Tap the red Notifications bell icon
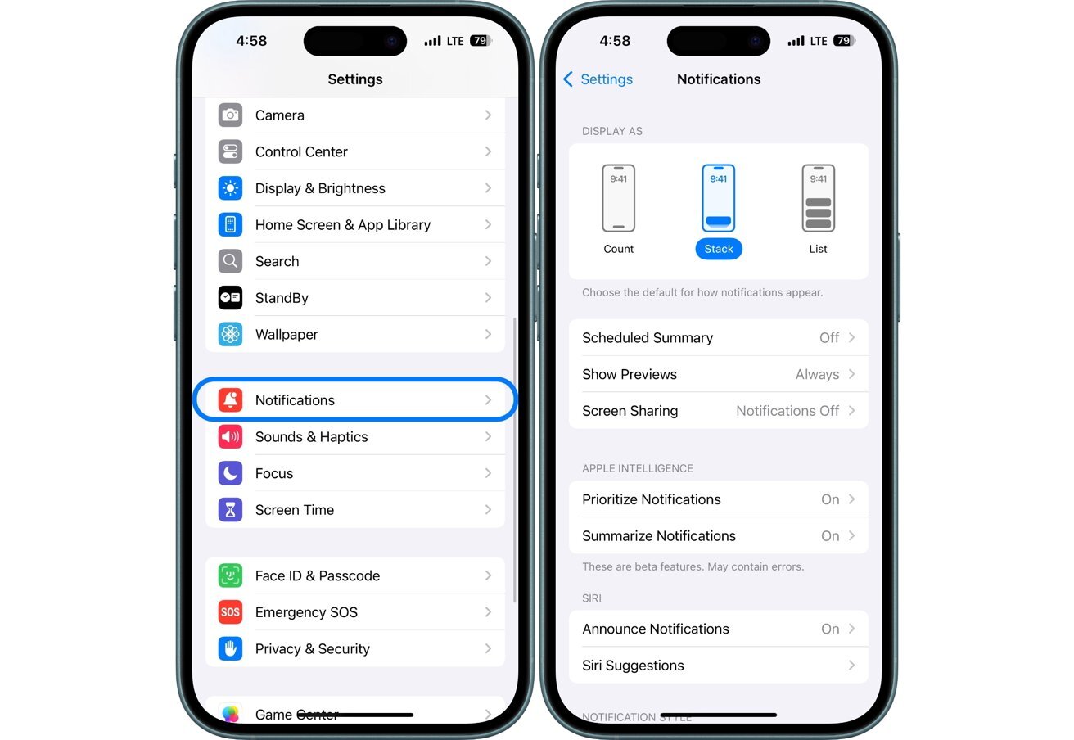tap(230, 400)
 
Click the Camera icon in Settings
tap(230, 115)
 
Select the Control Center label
tap(301, 152)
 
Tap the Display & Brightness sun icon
tap(230, 188)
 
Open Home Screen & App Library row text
tap(342, 225)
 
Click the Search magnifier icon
tap(230, 261)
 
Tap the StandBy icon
tap(230, 298)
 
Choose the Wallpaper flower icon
tap(230, 334)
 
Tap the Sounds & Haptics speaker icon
tap(230, 437)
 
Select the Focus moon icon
tap(230, 473)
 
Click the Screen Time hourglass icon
tap(230, 510)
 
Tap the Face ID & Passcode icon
tap(230, 575)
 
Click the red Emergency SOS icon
tap(230, 612)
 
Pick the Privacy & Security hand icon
tap(230, 649)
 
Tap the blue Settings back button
tap(598, 79)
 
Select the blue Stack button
tap(719, 249)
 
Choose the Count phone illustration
tap(619, 198)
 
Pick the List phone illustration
tap(818, 198)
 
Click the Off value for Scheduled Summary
tap(829, 338)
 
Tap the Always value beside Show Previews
tap(817, 375)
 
